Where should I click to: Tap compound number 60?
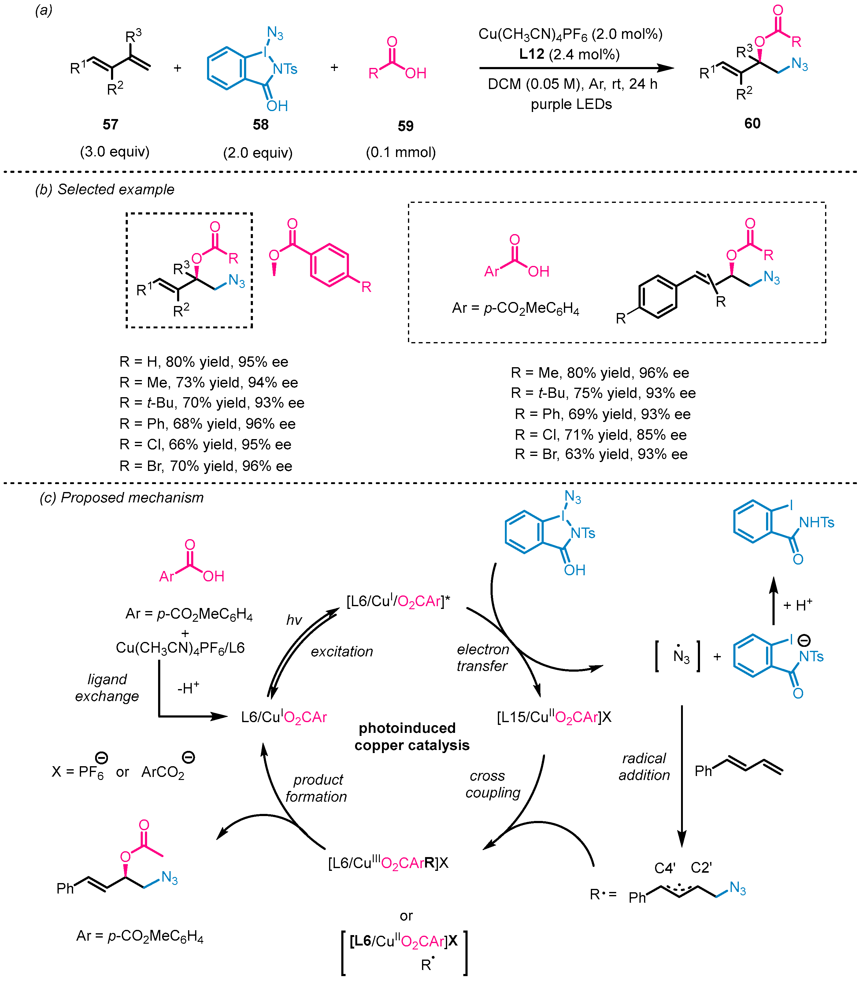coord(752,123)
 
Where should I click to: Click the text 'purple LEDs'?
coord(571,104)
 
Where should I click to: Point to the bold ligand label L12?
coord(532,54)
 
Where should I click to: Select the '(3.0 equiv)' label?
coord(115,152)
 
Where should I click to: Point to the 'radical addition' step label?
coord(644,767)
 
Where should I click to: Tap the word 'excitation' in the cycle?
coord(342,651)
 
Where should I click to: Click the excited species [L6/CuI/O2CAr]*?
coord(398,601)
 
